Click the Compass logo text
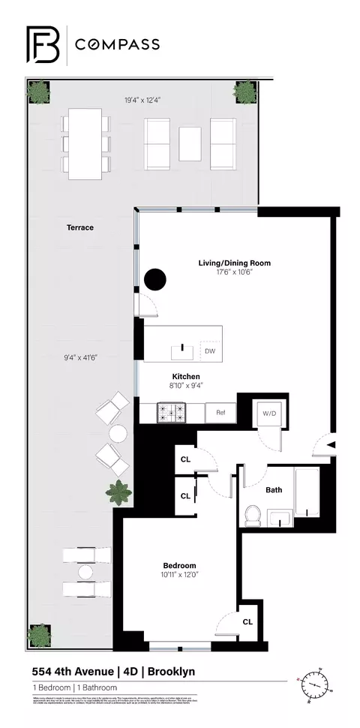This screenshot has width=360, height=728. [116, 44]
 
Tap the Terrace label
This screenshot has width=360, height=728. [79, 227]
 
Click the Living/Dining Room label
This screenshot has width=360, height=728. [234, 263]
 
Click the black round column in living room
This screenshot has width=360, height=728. [155, 279]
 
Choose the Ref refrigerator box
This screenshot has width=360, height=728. [221, 412]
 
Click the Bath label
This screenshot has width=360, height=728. [274, 490]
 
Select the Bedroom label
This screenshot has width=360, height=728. [180, 565]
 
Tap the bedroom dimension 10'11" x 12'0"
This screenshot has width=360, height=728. [180, 576]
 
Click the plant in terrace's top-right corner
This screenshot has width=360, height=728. [244, 92]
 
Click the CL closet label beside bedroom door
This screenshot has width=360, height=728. [247, 621]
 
